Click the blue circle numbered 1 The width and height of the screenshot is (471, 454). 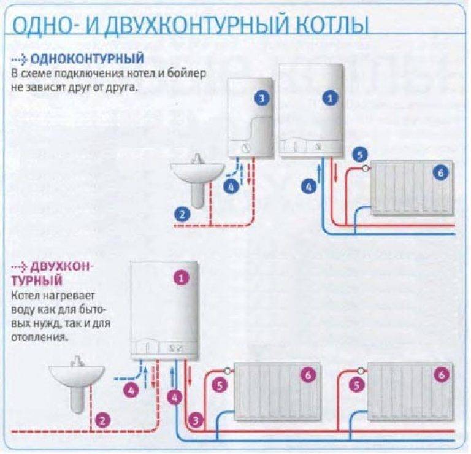pos(330,98)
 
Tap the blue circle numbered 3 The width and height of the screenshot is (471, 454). pos(262,98)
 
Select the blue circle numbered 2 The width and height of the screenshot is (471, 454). pos(182,214)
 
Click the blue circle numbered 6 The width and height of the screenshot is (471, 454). pos(440,173)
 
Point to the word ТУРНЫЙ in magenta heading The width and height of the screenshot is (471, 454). pos(37,282)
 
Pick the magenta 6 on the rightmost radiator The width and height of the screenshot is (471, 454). pos(442,374)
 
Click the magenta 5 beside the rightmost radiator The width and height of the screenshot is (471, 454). pos(354,385)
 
